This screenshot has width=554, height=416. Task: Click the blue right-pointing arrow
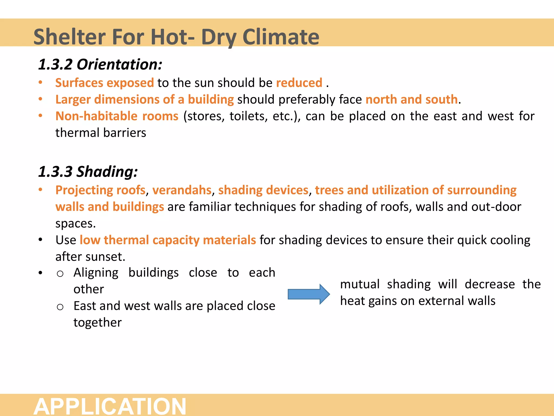coord(309,294)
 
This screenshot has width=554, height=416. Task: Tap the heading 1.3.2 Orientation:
coord(100,64)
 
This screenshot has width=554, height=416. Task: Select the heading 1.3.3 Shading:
coord(88,172)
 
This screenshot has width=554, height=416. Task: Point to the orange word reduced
coord(299,83)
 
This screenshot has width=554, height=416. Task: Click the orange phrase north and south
coord(411,99)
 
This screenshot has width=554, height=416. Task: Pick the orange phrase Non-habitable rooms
coord(117,116)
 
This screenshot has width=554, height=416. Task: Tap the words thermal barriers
coord(101,133)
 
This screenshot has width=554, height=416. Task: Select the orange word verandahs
coord(182,190)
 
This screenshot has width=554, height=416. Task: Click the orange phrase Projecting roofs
coord(100,190)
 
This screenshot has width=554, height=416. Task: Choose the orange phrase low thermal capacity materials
coord(168,240)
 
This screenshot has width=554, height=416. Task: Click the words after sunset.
coord(90,257)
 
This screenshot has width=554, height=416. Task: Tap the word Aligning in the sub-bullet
coord(96,272)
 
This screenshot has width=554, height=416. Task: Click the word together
coord(97,323)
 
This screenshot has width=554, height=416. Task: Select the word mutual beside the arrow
coord(360,284)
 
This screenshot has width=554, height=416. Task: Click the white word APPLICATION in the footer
coord(110,406)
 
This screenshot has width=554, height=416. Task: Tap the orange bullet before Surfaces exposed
coord(40,83)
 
